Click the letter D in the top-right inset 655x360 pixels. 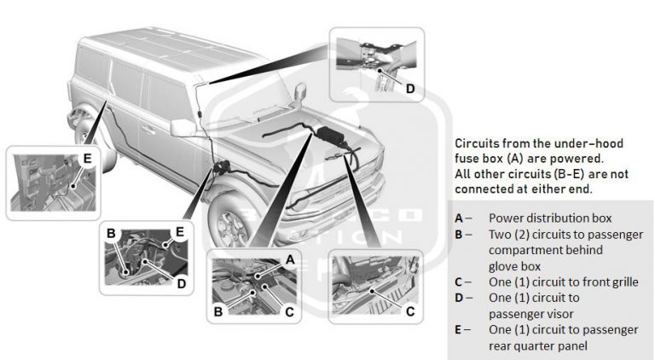pyautogui.click(x=409, y=88)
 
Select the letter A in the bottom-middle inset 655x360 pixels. pyautogui.click(x=290, y=259)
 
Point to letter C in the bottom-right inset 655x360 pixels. pyautogui.click(x=410, y=312)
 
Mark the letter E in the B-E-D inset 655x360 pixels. pyautogui.click(x=179, y=231)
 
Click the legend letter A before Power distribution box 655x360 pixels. pyautogui.click(x=460, y=218)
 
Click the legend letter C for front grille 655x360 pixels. pyautogui.click(x=460, y=282)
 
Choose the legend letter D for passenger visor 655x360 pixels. pyautogui.click(x=460, y=298)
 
